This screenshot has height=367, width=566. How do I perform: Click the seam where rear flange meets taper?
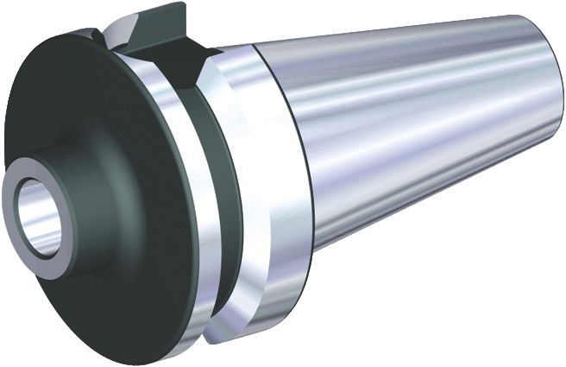pos(302,173)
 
